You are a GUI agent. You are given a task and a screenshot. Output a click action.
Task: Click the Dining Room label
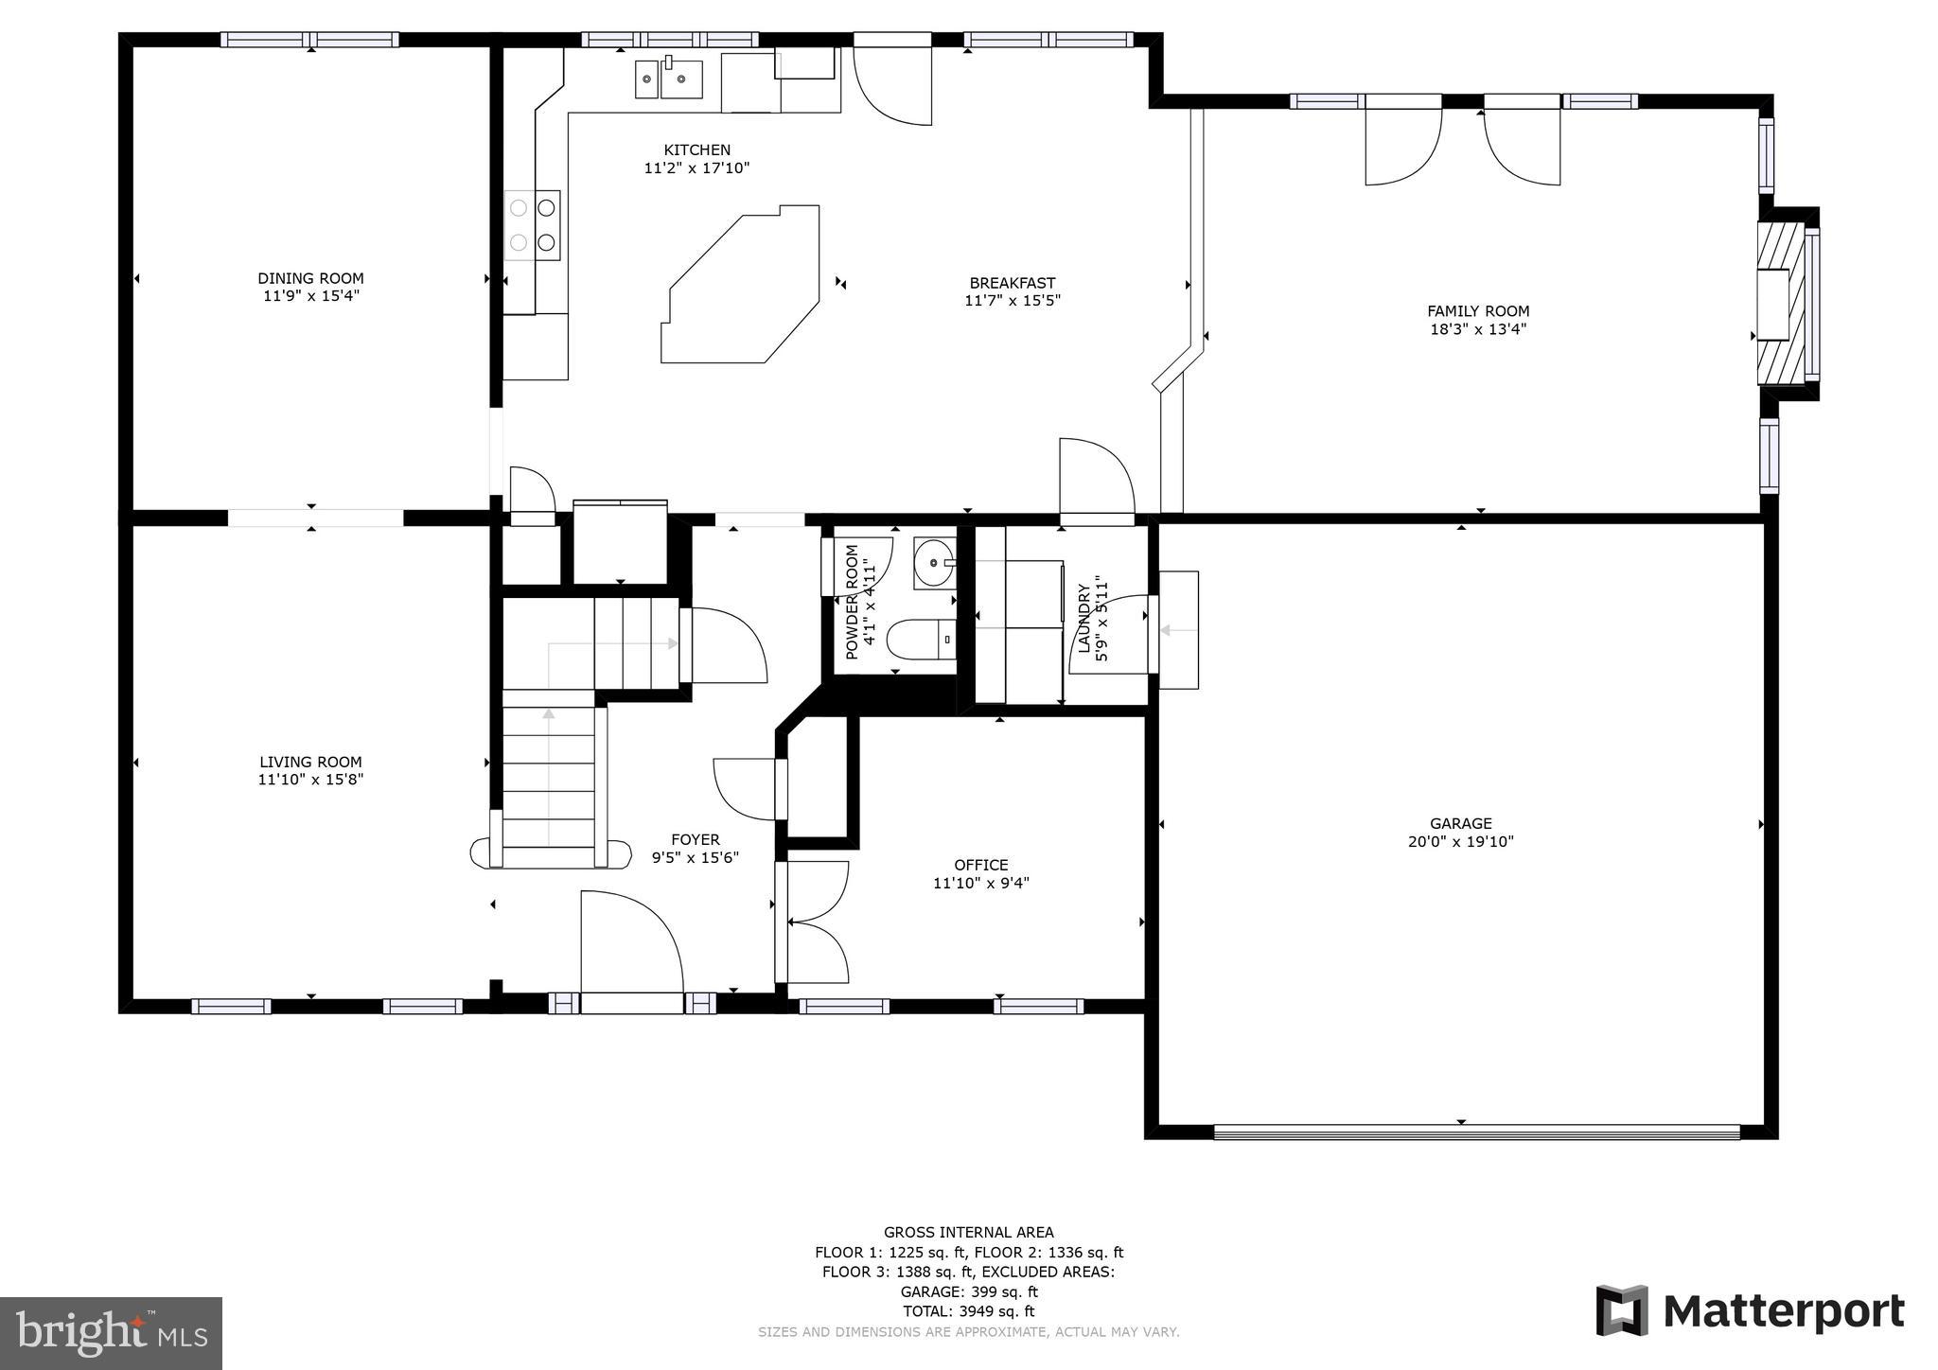pyautogui.click(x=310, y=278)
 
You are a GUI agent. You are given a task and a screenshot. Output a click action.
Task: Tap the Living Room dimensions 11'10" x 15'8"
pyautogui.click(x=310, y=780)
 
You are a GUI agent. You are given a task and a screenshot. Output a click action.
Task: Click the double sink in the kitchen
pyautogui.click(x=669, y=79)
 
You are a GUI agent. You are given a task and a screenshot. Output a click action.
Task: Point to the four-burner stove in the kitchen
pyautogui.click(x=532, y=225)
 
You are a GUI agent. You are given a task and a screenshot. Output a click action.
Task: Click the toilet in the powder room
pyautogui.click(x=920, y=640)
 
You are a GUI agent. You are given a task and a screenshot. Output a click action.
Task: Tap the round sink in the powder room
pyautogui.click(x=933, y=564)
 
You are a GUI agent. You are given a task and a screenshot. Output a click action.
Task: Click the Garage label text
pyautogui.click(x=1460, y=823)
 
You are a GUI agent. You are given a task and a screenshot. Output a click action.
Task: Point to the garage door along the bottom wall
pyautogui.click(x=1476, y=1131)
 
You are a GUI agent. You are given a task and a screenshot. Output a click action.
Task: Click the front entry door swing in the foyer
pyautogui.click(x=630, y=941)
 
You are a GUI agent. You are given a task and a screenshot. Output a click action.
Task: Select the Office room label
pyautogui.click(x=980, y=865)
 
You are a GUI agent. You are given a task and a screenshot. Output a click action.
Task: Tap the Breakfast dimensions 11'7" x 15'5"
pyautogui.click(x=1012, y=301)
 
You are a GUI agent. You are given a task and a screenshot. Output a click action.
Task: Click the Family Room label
pyautogui.click(x=1477, y=311)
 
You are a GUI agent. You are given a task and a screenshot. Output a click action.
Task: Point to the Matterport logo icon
pyautogui.click(x=1622, y=1310)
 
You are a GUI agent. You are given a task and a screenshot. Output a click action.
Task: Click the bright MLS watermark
pyautogui.click(x=111, y=1333)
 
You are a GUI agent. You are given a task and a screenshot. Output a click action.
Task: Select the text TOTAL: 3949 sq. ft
pyautogui.click(x=968, y=1311)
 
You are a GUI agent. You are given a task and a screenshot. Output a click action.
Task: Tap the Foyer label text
pyautogui.click(x=695, y=839)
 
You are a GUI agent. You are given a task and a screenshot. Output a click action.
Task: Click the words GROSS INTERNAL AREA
pyautogui.click(x=968, y=1232)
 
